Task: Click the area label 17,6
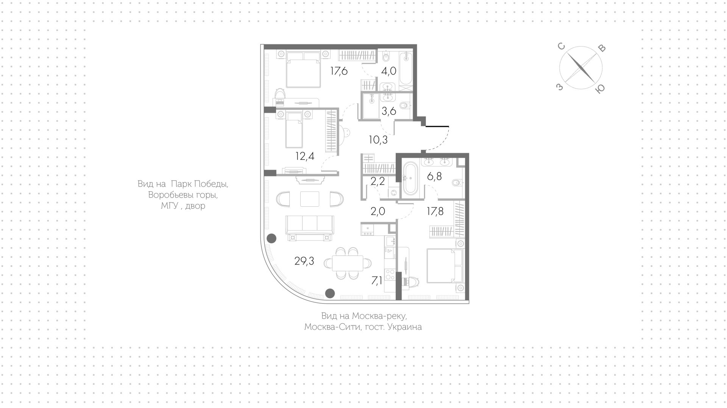pos(339,71)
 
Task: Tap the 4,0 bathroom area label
pos(388,71)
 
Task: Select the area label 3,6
pos(388,111)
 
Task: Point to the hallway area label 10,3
pos(378,140)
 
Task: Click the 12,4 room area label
pos(305,156)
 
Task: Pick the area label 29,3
pos(304,261)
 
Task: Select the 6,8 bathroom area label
pos(434,176)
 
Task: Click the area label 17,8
pos(435,211)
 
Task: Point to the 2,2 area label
pos(378,181)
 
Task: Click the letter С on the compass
pos(561,47)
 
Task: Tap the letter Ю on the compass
pos(600,89)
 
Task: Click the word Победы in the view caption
pos(211,184)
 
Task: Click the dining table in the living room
pos(348,263)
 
